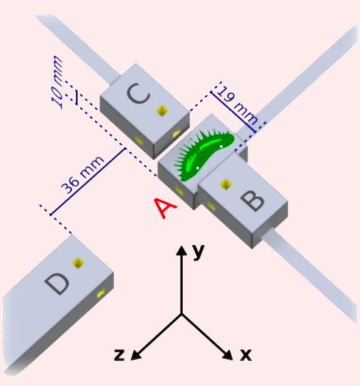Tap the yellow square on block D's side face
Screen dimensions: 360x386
click(x=102, y=294)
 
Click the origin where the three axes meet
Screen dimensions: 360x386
click(x=182, y=314)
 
